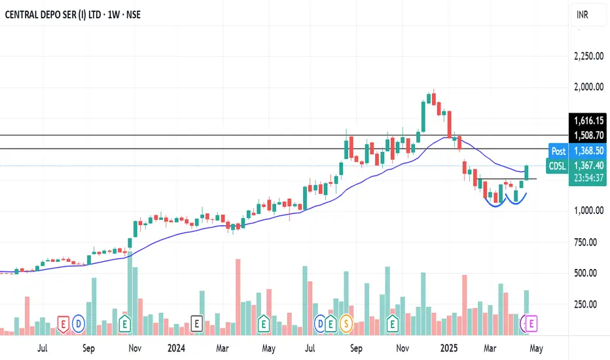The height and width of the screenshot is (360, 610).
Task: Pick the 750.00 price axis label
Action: point(592,242)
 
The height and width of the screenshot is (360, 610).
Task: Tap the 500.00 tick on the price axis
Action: point(592,273)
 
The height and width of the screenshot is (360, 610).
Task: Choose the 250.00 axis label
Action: point(592,304)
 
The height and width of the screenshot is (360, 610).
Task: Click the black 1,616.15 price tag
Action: point(588,121)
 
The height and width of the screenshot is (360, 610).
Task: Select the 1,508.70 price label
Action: point(588,135)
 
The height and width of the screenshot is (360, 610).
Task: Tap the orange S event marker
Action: point(344,323)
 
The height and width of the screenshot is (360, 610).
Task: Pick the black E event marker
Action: point(196,323)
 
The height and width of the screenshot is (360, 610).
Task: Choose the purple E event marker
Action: point(531,323)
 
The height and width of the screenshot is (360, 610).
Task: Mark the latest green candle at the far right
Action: point(527,173)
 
